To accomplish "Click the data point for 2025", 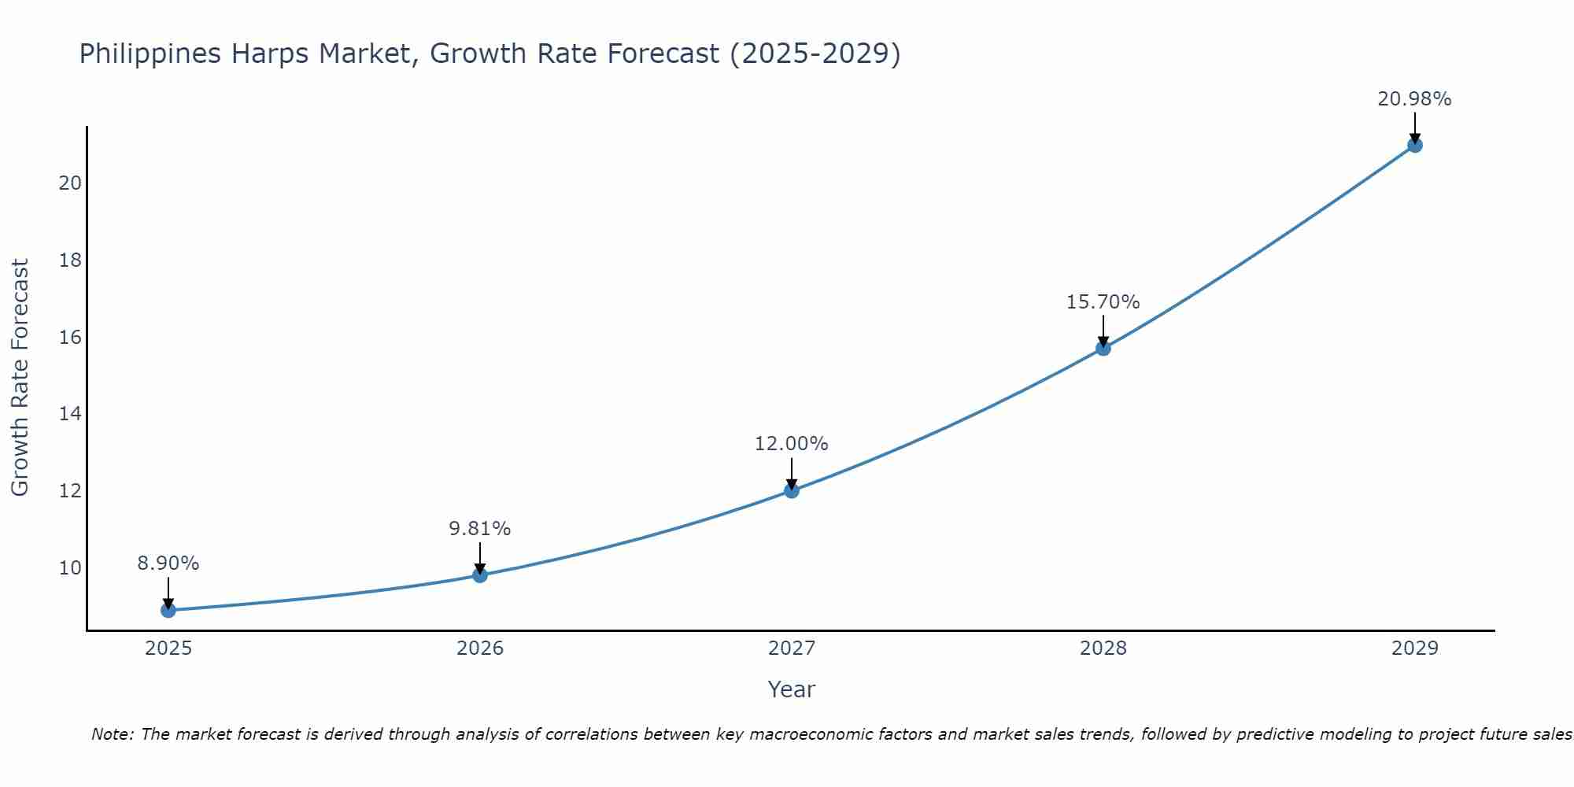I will (168, 610).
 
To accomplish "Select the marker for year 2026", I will (480, 575).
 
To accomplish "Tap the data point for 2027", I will (792, 490).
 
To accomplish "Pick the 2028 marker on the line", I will (1103, 348).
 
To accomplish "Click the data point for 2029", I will (1415, 145).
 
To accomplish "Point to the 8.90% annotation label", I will (168, 563).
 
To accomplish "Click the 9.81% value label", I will (480, 529).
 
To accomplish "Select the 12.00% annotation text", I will (792, 444).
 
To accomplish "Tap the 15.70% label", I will (1103, 302).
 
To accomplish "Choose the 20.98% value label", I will (1414, 99).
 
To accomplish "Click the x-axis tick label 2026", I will (480, 648).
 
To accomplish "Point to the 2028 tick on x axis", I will (1103, 648).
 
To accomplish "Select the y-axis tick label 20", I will (70, 183).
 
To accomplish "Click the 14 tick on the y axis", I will (70, 414).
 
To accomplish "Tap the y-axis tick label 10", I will (70, 568).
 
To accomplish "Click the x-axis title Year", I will (791, 689).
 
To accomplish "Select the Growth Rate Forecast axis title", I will (20, 378).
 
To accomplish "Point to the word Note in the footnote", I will (113, 734).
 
